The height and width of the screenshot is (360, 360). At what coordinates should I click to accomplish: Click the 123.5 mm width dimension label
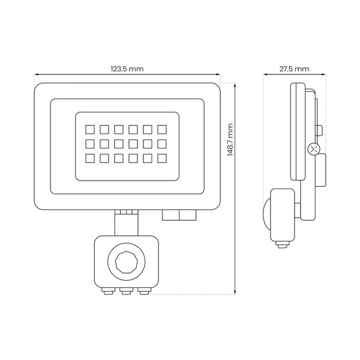tap(127, 69)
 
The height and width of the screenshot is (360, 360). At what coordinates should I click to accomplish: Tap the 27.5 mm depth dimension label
tap(294, 69)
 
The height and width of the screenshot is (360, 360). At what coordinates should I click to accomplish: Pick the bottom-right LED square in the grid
tap(161, 158)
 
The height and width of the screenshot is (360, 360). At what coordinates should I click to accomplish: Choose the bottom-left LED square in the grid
tap(89, 158)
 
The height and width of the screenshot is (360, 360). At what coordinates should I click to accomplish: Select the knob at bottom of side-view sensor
tap(280, 243)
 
